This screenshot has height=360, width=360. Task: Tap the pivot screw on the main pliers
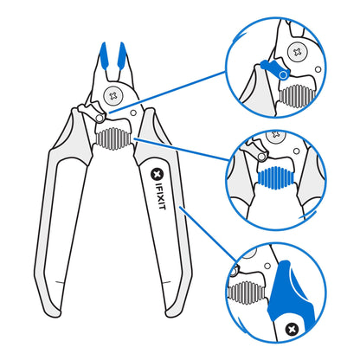[x=113, y=94]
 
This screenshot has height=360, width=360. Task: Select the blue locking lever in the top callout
[x=270, y=67]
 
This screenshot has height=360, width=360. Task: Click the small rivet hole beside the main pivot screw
[x=134, y=109]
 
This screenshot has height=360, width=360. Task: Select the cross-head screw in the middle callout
[x=278, y=136]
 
